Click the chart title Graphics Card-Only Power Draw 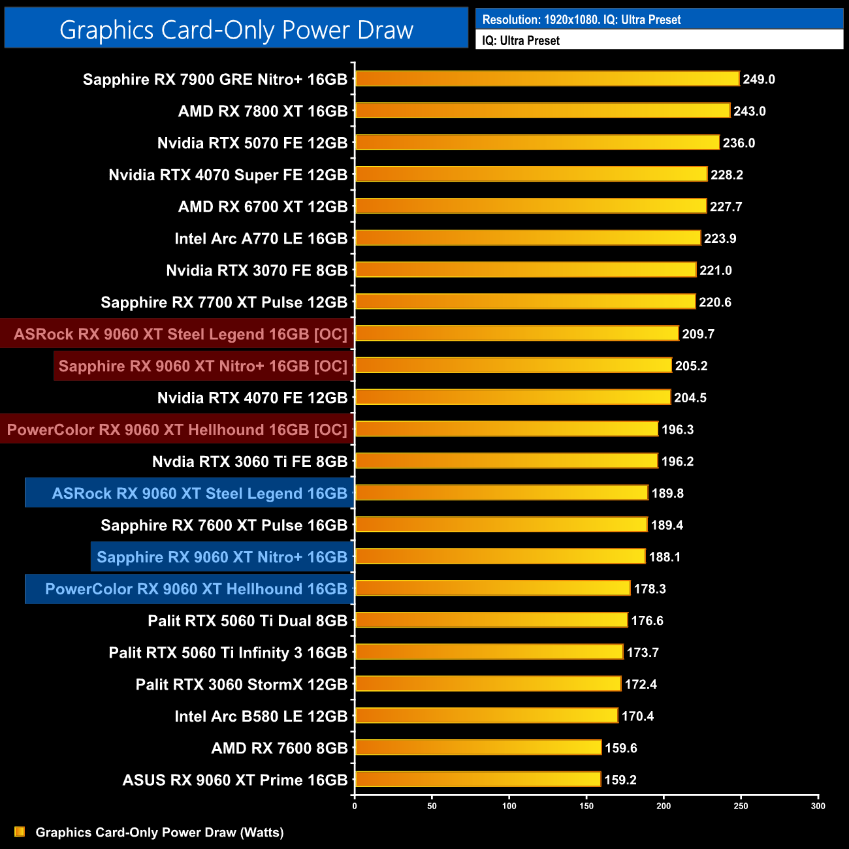236,30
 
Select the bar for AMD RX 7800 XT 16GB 542,110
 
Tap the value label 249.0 759,79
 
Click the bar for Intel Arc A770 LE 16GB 528,238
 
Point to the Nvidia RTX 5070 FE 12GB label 252,143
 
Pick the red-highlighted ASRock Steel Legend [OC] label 180,334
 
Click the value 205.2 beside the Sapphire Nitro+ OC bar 691,366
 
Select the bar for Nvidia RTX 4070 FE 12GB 513,397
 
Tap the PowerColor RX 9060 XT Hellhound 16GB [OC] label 177,430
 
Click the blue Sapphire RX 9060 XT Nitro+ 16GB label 222,557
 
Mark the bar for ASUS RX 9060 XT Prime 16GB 477,779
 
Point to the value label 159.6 620,748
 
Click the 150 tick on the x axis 586,806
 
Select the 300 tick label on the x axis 818,806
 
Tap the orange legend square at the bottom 20,831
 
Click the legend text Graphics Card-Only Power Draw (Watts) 159,832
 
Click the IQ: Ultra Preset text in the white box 521,40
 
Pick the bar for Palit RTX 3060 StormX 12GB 488,684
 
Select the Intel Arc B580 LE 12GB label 261,716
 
